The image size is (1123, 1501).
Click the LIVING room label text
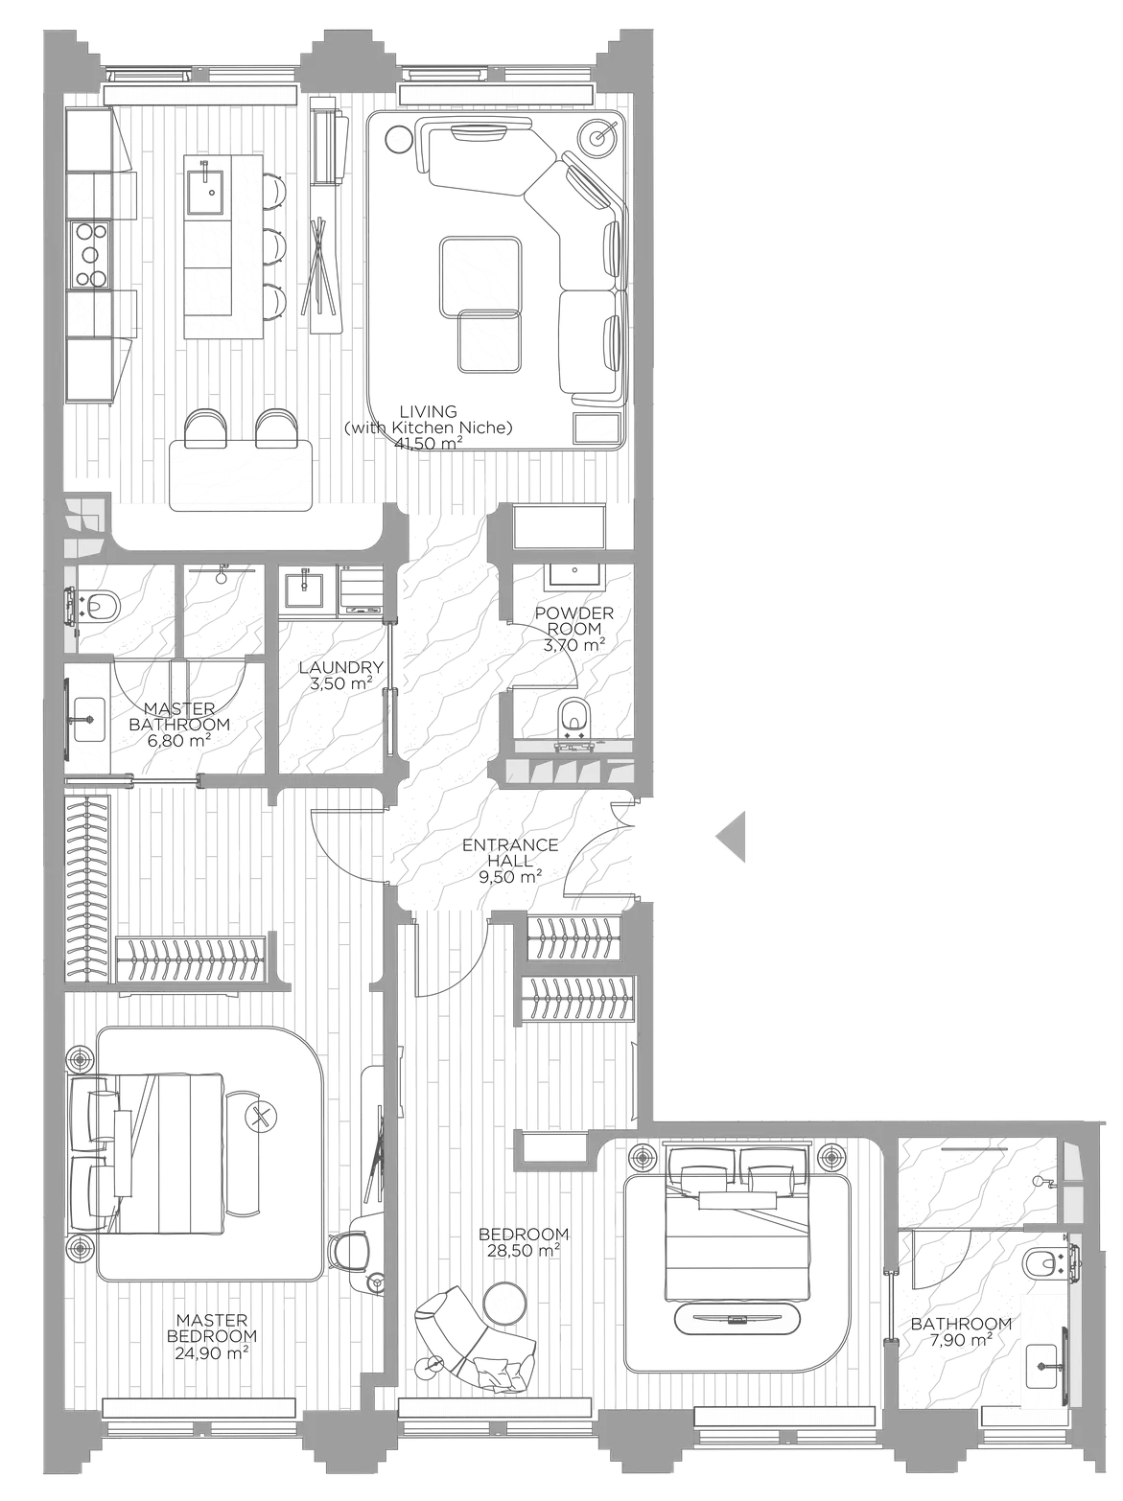(428, 411)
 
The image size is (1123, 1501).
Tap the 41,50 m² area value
(428, 443)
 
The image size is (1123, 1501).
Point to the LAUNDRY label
(340, 668)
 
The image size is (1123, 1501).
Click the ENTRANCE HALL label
(509, 853)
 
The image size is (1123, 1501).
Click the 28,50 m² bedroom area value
(524, 1250)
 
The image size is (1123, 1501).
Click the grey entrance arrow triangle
(733, 836)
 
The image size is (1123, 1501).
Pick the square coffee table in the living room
(480, 275)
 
